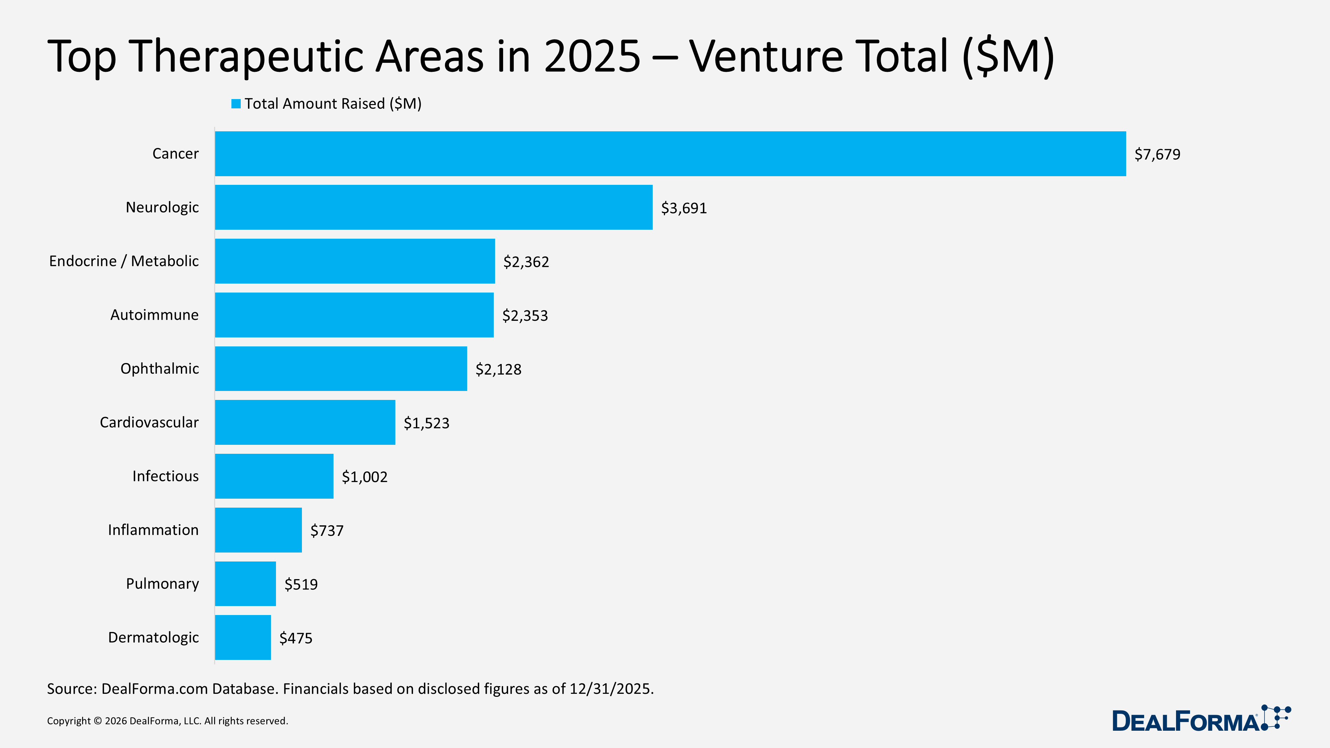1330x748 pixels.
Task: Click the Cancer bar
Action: [670, 154]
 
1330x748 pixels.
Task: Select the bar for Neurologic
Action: [434, 207]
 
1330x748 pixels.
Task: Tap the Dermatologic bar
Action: [243, 638]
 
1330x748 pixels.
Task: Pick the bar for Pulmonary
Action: [245, 584]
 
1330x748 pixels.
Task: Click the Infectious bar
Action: [274, 476]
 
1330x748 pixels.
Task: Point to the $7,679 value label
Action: [1157, 154]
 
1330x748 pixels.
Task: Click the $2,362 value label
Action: [526, 262]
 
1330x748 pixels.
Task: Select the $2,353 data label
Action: [525, 315]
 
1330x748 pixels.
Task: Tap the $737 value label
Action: [327, 531]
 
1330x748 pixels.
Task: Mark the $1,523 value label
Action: [427, 423]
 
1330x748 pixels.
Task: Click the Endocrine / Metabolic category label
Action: [124, 261]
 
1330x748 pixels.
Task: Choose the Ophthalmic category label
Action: [160, 369]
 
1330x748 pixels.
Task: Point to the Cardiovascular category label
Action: [149, 422]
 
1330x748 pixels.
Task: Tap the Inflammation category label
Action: [153, 530]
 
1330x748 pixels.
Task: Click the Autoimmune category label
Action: [154, 315]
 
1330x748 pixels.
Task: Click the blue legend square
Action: [236, 104]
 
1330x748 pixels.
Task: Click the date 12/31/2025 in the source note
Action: [611, 689]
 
